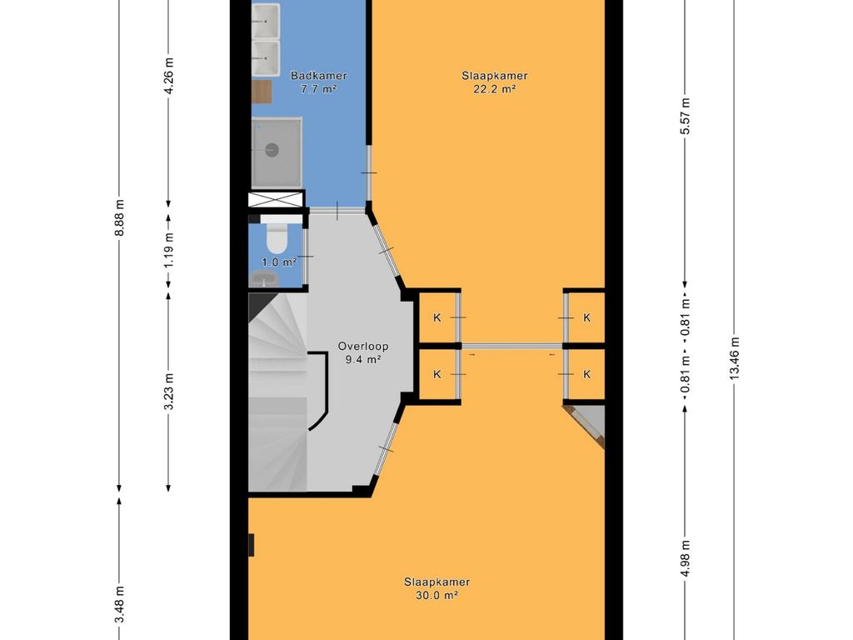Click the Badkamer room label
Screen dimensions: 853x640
[x=318, y=76]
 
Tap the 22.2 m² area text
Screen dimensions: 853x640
[x=495, y=89]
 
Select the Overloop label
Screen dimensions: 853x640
[x=363, y=346]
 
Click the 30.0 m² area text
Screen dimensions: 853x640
[x=436, y=595]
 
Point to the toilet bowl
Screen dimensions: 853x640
[x=277, y=238]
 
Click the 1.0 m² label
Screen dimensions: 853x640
[x=279, y=262]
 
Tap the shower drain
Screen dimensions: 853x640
[x=272, y=150]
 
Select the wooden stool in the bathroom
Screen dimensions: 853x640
[x=262, y=92]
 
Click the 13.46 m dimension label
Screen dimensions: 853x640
[x=735, y=358]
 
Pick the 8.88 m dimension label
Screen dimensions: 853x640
[x=120, y=217]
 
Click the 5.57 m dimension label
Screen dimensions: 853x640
[x=686, y=117]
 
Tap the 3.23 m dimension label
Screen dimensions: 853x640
[x=169, y=392]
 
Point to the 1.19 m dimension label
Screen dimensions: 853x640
[x=169, y=250]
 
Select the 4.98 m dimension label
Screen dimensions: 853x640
[x=686, y=558]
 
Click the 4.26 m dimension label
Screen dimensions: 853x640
[x=169, y=76]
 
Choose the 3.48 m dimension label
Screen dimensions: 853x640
[x=120, y=604]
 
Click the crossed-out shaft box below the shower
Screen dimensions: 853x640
[x=276, y=198]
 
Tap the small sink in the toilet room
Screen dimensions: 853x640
[x=265, y=278]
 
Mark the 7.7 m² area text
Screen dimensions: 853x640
[x=318, y=89]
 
